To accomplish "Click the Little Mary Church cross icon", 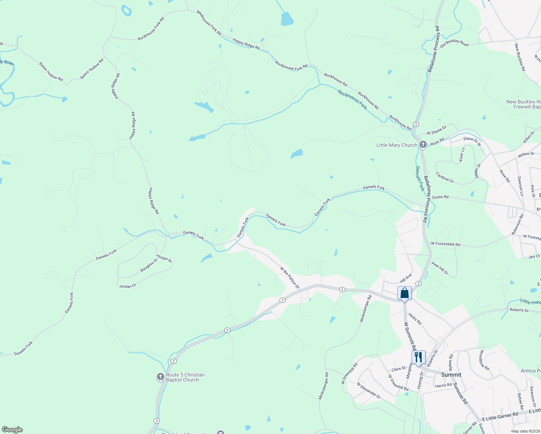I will coord(423,145).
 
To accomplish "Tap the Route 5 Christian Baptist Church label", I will coord(185,378).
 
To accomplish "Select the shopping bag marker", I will coord(404,293).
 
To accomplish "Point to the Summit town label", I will coord(451,375).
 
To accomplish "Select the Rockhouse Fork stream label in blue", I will coord(352,100).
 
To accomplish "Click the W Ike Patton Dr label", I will coord(290,278).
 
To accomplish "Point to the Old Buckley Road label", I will coord(454,43).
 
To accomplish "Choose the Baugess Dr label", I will coord(149,265).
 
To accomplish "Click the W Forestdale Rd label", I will coord(445,244).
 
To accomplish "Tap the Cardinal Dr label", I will coord(444,177).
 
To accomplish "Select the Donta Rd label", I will coord(440,197).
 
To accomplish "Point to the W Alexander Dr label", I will coord(369,391).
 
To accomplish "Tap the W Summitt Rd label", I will coord(410,335).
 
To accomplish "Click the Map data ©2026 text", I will coord(525,431).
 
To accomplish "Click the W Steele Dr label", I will coord(436,130).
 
